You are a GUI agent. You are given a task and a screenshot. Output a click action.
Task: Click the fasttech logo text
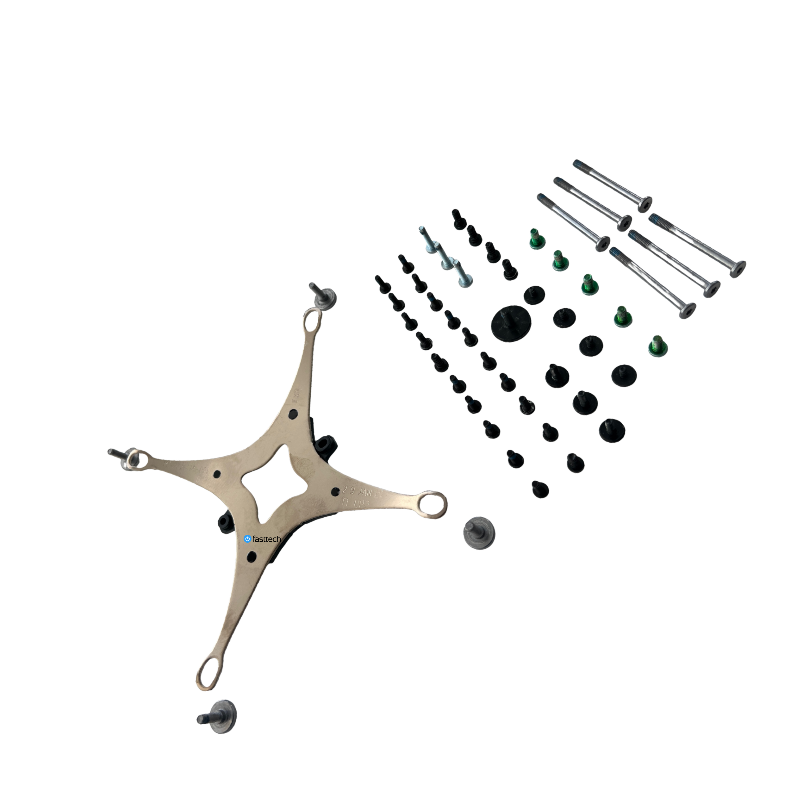pyautogui.click(x=266, y=539)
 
